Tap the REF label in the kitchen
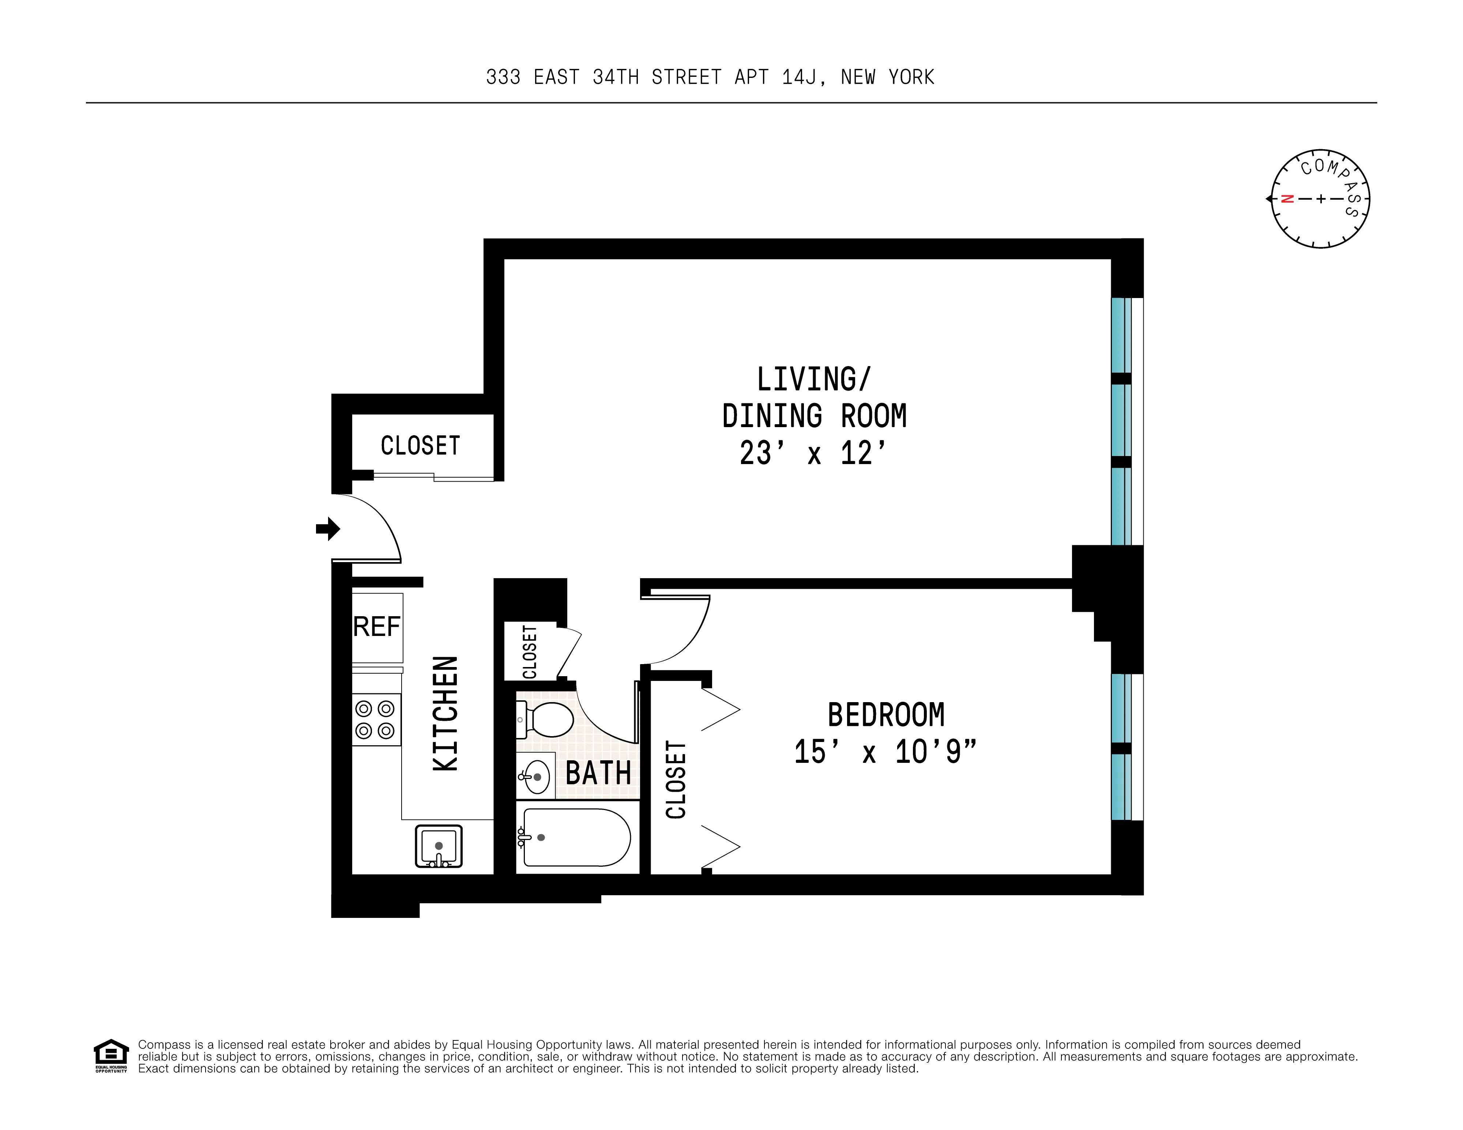[x=376, y=627]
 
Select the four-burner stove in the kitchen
[x=376, y=719]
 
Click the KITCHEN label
[x=445, y=713]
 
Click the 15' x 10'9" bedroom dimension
[x=885, y=752]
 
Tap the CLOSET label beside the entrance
[x=420, y=445]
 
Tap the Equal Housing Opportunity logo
[x=110, y=1056]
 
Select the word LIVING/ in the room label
[x=813, y=380]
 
